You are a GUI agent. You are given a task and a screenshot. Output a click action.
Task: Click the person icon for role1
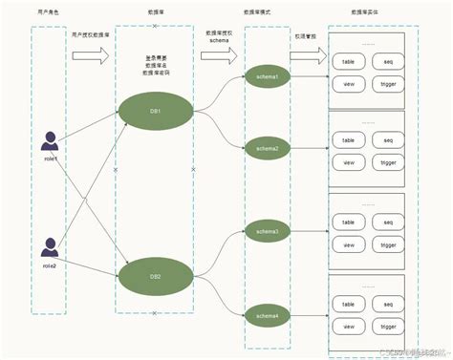[x=51, y=143]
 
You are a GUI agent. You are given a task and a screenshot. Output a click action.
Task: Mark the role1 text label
[x=51, y=159]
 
